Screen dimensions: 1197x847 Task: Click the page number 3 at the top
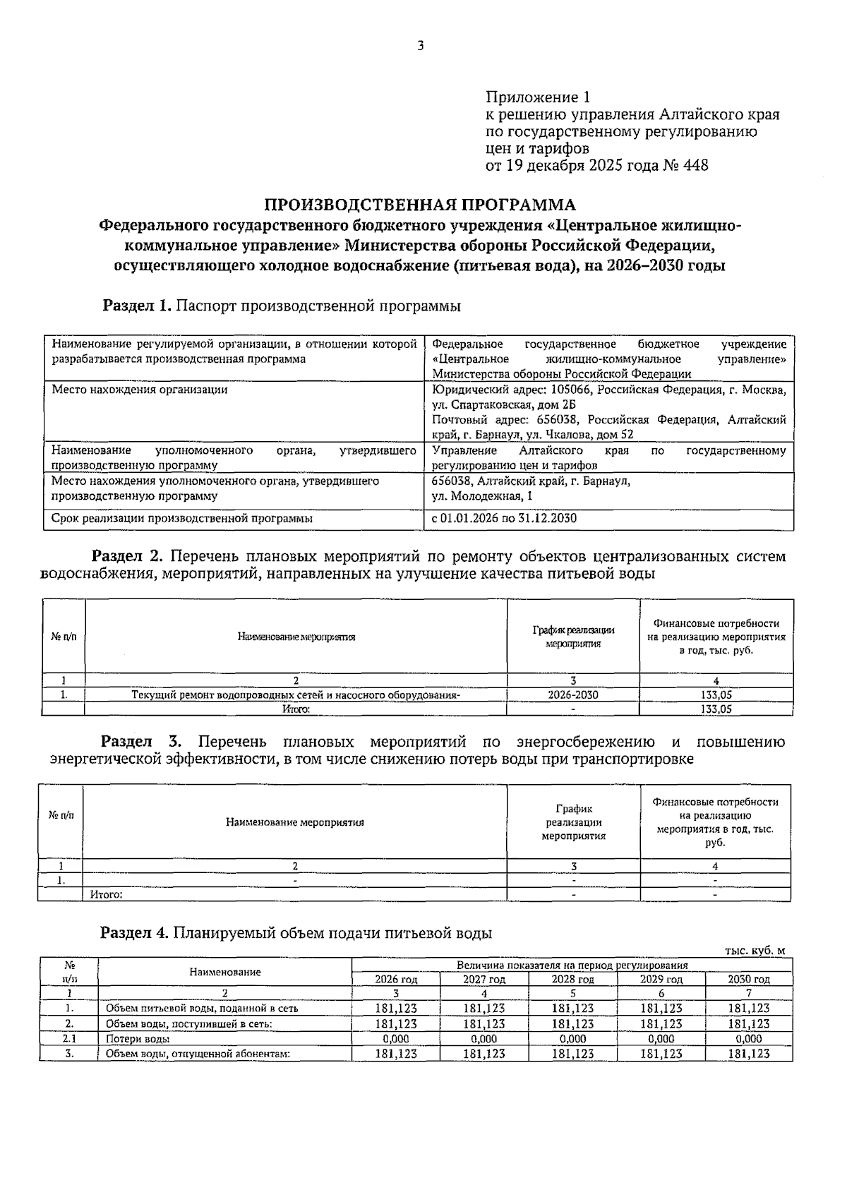pos(421,47)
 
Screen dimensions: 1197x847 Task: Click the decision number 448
pos(696,166)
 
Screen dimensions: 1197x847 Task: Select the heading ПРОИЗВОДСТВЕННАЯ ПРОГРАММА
pos(420,205)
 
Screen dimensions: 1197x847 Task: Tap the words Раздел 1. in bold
pos(137,306)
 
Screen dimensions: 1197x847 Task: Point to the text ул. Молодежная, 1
pos(482,496)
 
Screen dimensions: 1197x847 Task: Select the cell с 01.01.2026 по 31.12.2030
pos(504,519)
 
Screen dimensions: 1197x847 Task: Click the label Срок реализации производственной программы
pos(182,519)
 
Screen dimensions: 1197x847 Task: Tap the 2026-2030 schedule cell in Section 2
pos(572,695)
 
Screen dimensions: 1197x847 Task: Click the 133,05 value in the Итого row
pos(716,709)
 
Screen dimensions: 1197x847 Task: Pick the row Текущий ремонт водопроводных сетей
pos(296,695)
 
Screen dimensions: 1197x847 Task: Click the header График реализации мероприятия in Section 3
pos(573,822)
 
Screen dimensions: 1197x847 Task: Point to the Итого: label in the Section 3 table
pos(107,895)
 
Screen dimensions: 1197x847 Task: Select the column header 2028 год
pos(572,980)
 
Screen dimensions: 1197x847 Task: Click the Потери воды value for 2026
pos(395,1039)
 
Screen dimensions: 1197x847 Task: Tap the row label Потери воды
pos(138,1039)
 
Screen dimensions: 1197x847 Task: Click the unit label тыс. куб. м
pos(755,951)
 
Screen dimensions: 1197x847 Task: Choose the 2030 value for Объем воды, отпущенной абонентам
pos(748,1054)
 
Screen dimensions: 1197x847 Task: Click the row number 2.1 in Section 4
pos(69,1039)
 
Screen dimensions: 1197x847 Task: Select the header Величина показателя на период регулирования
pos(572,965)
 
